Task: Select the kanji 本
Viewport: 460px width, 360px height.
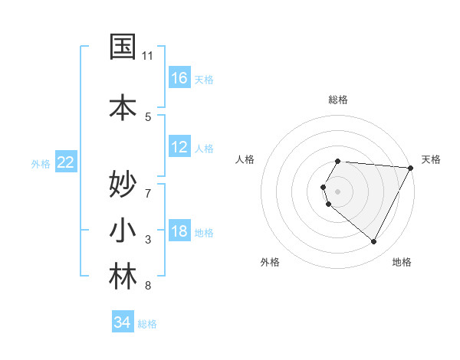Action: point(123,106)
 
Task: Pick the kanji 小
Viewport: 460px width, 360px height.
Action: point(123,231)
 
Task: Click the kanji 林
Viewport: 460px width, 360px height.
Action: point(123,277)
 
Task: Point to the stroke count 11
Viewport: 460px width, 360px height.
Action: point(148,56)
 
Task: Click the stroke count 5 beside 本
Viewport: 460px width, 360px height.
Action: point(148,116)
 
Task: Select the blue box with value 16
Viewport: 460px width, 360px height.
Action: point(179,77)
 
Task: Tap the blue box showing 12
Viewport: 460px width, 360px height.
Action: point(179,147)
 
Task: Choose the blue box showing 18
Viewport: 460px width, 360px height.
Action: point(179,231)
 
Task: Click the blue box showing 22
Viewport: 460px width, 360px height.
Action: point(66,162)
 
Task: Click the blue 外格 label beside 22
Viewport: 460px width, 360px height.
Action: point(41,163)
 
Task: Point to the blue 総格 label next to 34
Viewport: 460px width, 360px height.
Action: point(147,324)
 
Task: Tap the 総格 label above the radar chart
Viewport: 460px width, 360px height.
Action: point(338,100)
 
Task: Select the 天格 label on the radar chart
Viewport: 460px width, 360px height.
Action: point(432,159)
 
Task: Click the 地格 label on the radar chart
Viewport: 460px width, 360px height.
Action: point(402,263)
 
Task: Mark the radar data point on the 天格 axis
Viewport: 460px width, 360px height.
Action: point(411,168)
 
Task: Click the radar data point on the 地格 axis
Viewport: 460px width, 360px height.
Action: point(374,242)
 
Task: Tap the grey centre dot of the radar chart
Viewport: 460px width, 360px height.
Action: point(338,191)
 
